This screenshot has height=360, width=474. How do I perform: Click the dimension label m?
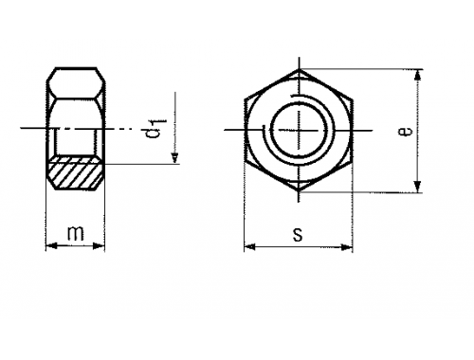click(76, 233)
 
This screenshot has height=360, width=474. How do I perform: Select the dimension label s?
click(298, 235)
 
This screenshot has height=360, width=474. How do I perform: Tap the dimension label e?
click(406, 131)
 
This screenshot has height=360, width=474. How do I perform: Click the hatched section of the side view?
click(75, 172)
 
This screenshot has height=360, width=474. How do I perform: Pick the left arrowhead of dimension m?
click(51, 245)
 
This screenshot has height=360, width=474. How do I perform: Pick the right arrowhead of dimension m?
click(99, 245)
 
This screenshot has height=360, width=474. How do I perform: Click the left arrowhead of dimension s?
click(250, 246)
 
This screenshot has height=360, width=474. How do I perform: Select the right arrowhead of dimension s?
click(347, 247)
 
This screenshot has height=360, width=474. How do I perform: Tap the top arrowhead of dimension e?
click(418, 75)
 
